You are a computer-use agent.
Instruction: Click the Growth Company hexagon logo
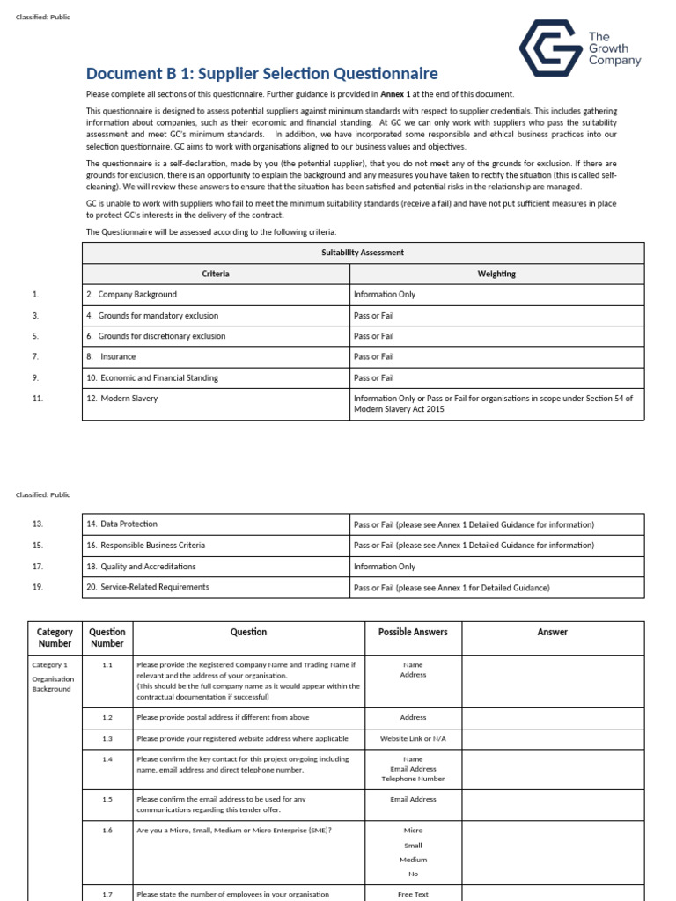(548, 48)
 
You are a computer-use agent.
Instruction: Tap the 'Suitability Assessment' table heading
(363, 253)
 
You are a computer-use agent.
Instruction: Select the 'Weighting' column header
(496, 274)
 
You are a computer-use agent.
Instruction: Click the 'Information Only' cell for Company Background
(385, 295)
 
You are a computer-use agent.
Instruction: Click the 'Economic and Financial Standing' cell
(158, 377)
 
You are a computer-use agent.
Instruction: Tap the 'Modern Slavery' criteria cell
(128, 399)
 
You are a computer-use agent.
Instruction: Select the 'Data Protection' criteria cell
(128, 524)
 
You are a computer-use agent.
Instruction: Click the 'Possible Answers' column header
(413, 632)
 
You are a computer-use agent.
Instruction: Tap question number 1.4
(107, 758)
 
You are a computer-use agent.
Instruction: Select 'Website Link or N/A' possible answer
(413, 738)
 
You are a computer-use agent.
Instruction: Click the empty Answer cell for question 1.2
(553, 718)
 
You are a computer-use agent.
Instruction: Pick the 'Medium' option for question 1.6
(413, 860)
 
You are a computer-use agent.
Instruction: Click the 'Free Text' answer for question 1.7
(413, 894)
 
